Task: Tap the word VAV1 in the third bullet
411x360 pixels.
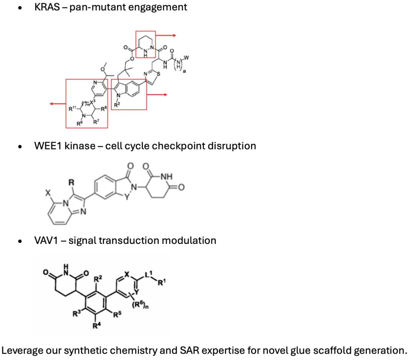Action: coord(47,240)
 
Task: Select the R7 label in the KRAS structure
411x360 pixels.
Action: coord(96,122)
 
